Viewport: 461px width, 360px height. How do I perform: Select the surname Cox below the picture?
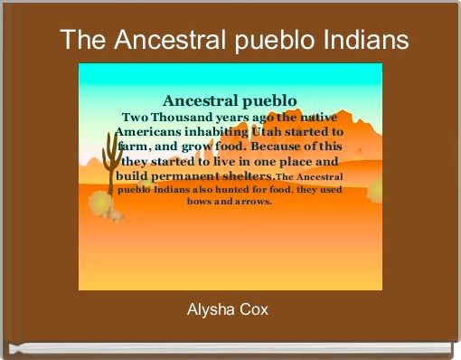click(x=257, y=311)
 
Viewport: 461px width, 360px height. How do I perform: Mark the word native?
click(x=320, y=117)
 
